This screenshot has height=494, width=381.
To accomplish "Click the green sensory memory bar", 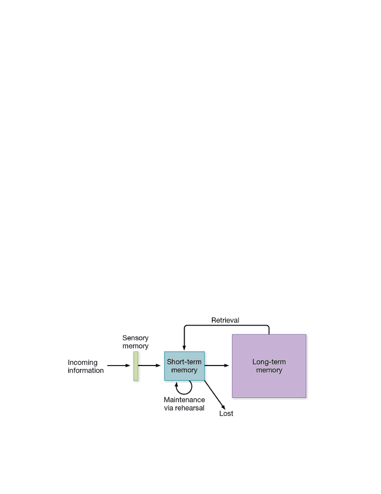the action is tap(136, 366).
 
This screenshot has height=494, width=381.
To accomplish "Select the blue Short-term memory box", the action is tap(184, 366).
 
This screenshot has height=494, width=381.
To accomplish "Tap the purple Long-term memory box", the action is tap(269, 366).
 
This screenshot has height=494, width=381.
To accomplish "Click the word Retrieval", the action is tap(225, 320).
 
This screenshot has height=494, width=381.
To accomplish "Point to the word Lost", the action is tap(226, 413).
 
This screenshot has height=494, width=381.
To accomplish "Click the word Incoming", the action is tap(83, 363).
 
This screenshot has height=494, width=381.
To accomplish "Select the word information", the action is tap(86, 370).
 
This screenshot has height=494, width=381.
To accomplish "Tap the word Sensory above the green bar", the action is tap(135, 338).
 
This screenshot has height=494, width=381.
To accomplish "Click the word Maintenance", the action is tap(184, 400).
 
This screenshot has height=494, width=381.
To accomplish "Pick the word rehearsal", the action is tap(190, 408).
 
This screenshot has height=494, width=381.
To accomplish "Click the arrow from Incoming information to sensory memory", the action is tap(119, 366).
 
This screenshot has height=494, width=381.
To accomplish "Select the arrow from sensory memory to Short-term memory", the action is tap(150, 366).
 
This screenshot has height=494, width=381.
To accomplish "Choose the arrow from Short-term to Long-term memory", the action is tap(217, 366).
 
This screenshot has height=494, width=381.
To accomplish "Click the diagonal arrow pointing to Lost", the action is tap(215, 395).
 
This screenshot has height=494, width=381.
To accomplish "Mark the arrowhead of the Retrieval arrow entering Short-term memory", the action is tap(184, 348).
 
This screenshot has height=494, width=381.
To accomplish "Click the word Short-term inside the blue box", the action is tap(184, 362).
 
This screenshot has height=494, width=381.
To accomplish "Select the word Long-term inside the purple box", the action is tap(269, 362).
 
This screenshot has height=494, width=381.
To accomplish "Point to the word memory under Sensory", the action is tap(135, 346).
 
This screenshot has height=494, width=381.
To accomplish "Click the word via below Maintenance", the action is tap(169, 408).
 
